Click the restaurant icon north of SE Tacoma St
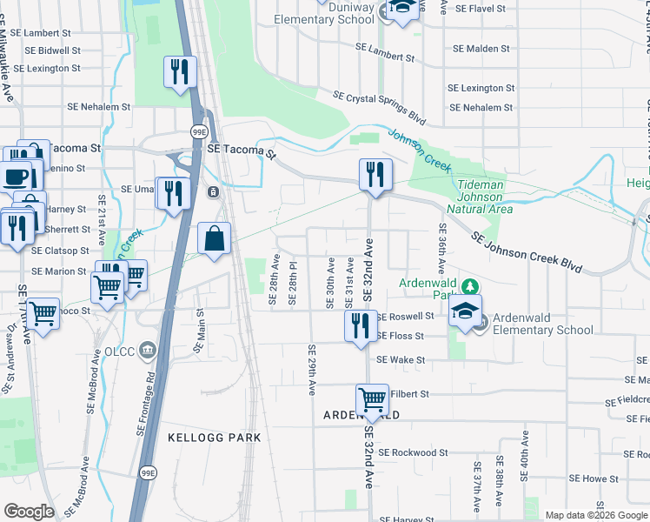point(180,72)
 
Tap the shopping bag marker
point(215,238)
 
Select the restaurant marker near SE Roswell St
point(361,325)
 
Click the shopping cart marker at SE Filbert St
point(373,400)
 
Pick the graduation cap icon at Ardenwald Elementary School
point(465,310)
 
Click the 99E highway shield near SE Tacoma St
point(199,130)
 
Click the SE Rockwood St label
point(413,452)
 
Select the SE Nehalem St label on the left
point(99,107)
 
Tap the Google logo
point(30,512)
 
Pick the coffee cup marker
point(16,177)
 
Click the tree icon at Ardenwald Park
point(469,285)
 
